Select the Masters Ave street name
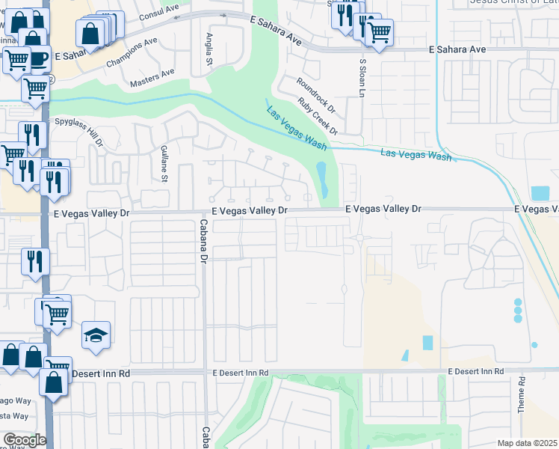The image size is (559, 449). click(152, 78)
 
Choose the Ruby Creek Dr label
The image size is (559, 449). click(318, 117)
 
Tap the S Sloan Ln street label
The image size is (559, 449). click(362, 75)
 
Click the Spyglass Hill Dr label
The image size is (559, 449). click(78, 131)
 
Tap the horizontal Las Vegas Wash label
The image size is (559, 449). click(416, 155)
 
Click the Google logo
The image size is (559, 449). click(25, 439)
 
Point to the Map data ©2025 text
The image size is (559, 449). click(527, 443)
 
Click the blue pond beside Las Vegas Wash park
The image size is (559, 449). click(322, 180)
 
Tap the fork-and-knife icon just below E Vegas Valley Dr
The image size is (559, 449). click(35, 261)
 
